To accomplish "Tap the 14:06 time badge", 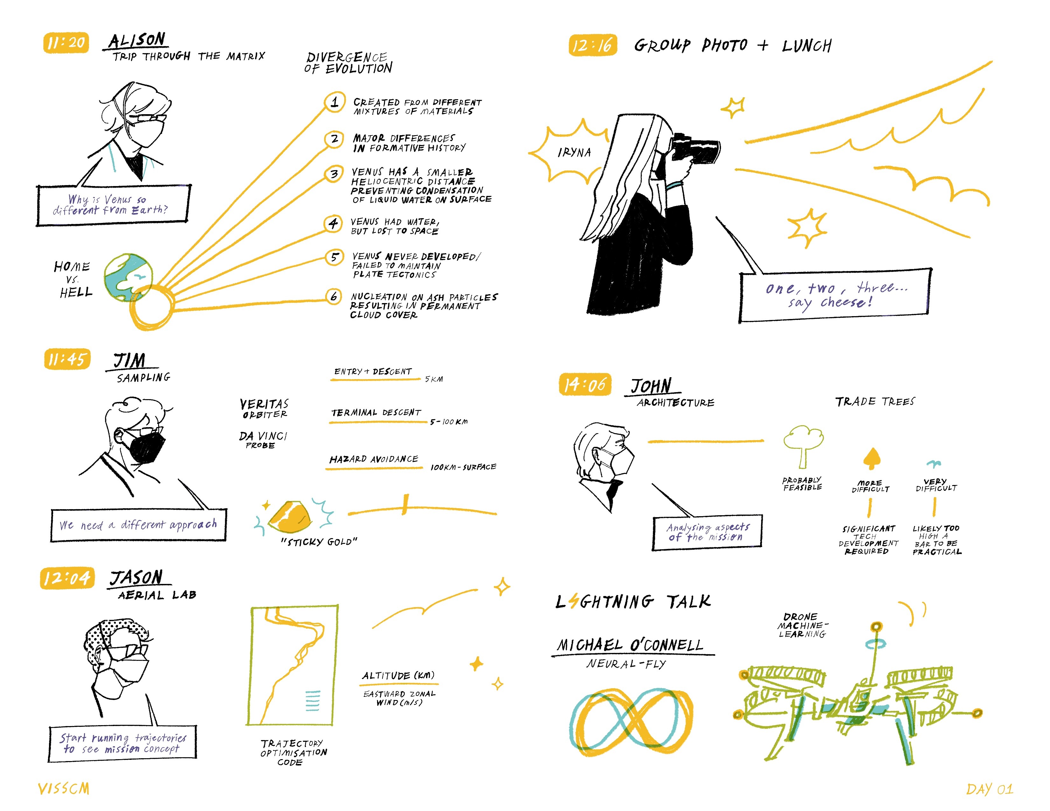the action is [x=584, y=385].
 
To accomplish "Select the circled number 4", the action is [x=333, y=223].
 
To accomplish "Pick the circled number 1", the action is [x=335, y=102].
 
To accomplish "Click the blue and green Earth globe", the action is [x=128, y=277].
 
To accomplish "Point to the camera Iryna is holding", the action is [x=696, y=147].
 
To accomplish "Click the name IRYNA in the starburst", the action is [x=574, y=152].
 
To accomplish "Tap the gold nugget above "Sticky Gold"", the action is [x=290, y=517].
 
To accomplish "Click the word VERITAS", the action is [x=264, y=404].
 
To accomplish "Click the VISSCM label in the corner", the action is [x=63, y=788].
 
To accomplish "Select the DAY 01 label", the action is [x=990, y=789].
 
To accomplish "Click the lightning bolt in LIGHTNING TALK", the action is [x=573, y=601].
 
